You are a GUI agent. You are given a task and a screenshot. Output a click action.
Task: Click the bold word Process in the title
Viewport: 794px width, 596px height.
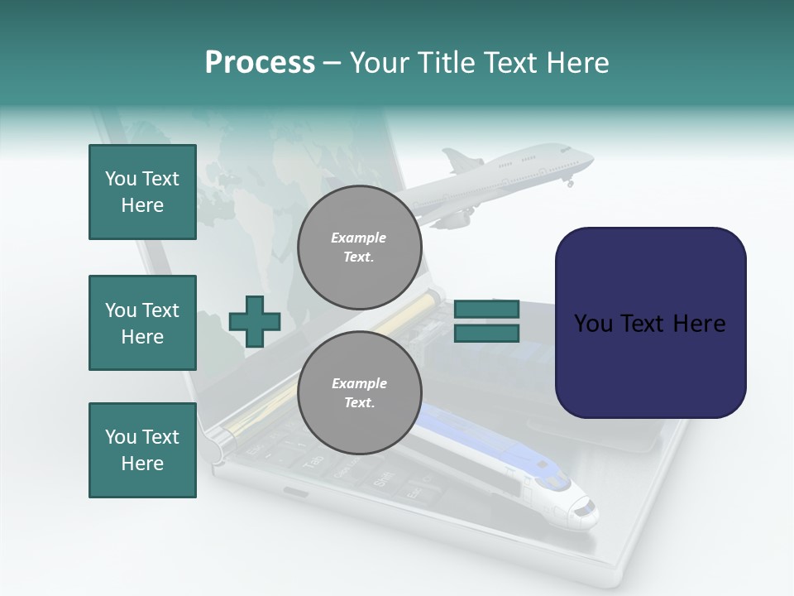pos(260,63)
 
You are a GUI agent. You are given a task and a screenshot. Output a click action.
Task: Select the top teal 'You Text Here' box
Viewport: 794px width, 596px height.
pos(142,192)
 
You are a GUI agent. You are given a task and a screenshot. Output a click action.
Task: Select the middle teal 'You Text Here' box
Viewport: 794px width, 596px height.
pos(142,323)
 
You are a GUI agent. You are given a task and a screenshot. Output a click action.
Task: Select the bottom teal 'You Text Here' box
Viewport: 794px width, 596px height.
pos(142,450)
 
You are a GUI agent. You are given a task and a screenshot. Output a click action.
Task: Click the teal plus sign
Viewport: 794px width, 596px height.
pos(255,321)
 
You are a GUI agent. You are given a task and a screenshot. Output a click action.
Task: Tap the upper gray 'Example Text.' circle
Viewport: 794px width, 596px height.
pos(359,247)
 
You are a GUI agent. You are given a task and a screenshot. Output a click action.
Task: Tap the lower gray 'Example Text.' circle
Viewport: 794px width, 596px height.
pos(359,392)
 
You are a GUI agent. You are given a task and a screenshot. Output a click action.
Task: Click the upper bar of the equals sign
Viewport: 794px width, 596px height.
pos(486,309)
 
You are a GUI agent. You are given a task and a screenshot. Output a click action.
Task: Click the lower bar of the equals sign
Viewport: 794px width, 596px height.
pos(486,334)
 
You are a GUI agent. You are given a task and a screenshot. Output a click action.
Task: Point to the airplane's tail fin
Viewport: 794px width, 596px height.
pos(457,159)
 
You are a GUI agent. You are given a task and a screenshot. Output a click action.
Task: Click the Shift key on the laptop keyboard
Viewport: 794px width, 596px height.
pos(384,480)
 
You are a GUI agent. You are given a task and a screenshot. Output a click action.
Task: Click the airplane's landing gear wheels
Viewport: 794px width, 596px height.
pos(569,183)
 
